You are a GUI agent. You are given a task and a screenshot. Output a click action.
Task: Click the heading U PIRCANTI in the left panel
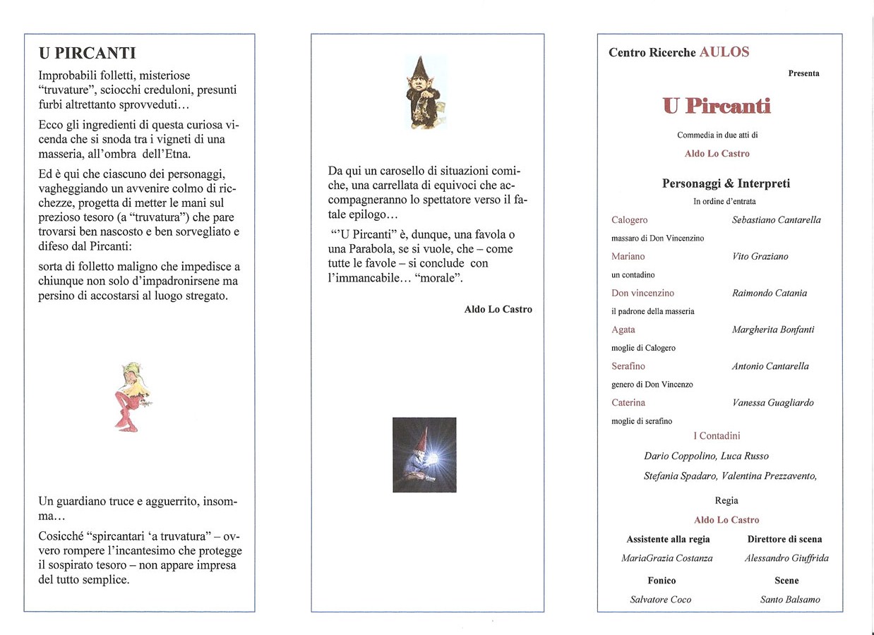click(88, 53)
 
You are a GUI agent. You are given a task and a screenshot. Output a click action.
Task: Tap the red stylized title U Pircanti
click(717, 106)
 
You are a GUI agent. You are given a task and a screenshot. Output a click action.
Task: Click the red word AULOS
click(724, 52)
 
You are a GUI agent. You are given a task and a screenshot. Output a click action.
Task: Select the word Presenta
click(803, 73)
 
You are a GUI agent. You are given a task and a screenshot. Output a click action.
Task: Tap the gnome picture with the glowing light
click(424, 454)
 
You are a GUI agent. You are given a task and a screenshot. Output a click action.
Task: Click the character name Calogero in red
click(630, 220)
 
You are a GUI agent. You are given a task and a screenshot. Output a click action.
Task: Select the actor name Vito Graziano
click(760, 257)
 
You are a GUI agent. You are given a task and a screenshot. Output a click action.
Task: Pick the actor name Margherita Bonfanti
click(773, 329)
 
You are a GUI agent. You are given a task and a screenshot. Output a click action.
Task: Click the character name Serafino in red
click(628, 366)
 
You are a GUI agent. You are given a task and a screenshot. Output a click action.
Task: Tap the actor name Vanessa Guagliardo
click(773, 403)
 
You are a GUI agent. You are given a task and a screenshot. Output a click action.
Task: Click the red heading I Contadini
click(717, 436)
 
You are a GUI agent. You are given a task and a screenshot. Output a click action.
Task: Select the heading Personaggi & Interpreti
click(726, 183)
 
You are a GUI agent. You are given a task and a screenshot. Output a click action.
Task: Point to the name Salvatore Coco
click(661, 600)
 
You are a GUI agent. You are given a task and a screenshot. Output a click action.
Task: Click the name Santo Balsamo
click(790, 600)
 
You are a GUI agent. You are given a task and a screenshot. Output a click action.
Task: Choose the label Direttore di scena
click(784, 539)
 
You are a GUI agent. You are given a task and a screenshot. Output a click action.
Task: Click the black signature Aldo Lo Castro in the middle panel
click(498, 310)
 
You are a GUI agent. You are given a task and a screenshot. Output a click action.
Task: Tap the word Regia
click(726, 500)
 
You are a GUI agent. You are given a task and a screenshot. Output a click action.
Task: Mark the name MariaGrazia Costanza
click(667, 558)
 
